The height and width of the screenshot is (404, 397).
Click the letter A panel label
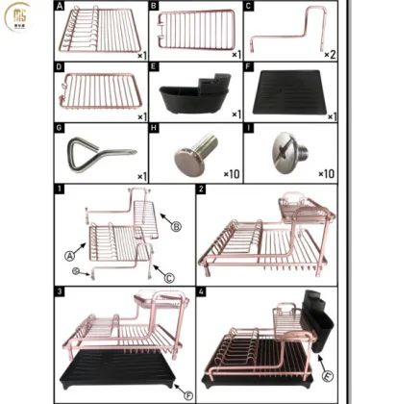coord(60,6)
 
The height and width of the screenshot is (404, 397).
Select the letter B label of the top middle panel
coord(154,6)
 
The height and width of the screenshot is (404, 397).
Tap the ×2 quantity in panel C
coord(329,54)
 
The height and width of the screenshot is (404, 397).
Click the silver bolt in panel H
coord(189,153)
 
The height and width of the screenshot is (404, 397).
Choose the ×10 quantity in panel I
coord(327,174)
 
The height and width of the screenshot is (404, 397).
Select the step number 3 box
coord(60,290)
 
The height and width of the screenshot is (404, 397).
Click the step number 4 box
coord(201,290)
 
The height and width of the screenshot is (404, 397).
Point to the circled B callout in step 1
coord(176,228)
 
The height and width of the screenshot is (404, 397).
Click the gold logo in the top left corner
coord(17,17)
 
